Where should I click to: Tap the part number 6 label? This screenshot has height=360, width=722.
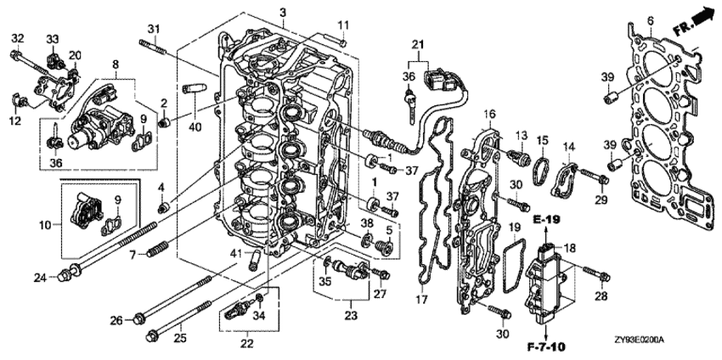pos(650,20)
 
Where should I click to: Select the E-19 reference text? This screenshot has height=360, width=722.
pos(547,220)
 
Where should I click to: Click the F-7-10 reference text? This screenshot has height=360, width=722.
pos(547,345)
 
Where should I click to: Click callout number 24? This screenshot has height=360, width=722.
pos(40,278)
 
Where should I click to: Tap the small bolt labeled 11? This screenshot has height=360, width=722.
pos(343,42)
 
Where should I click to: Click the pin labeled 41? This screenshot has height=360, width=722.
pos(254,261)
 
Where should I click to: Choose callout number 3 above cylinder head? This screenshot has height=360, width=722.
pos(283,12)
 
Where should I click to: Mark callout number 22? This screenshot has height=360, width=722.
pos(248,343)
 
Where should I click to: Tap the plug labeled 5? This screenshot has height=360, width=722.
pos(384,247)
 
